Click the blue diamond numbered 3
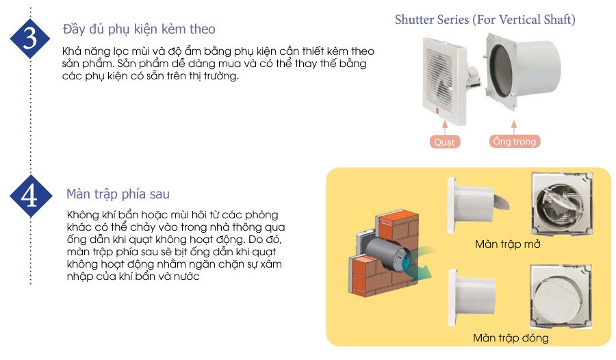(x=30, y=38)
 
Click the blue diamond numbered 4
(x=30, y=196)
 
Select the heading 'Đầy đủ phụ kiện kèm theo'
(x=139, y=29)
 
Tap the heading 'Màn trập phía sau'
(x=118, y=194)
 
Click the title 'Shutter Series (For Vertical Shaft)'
(x=485, y=20)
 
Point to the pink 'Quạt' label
(x=444, y=142)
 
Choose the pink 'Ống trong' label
(x=514, y=141)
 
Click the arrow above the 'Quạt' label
(x=445, y=127)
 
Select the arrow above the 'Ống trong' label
(x=514, y=127)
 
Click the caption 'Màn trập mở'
(x=508, y=244)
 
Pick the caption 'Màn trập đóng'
(x=511, y=338)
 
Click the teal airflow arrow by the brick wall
(x=421, y=264)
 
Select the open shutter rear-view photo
(x=562, y=203)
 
